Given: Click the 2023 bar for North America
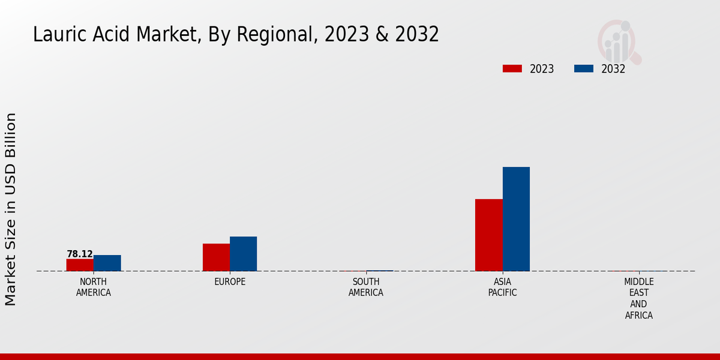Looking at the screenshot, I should click(80, 265).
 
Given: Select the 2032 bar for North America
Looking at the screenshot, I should click(107, 263).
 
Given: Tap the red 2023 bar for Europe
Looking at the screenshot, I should click(216, 257).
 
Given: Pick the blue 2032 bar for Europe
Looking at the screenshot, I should click(243, 254).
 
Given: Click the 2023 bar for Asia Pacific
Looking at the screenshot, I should click(488, 235).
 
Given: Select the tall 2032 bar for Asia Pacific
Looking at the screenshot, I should click(516, 219).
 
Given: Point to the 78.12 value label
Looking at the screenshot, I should click(80, 254).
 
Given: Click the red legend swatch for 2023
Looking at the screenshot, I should click(512, 69).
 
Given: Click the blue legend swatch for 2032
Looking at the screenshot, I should click(583, 69).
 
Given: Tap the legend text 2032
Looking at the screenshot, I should click(613, 69).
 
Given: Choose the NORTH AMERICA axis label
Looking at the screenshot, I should click(94, 287).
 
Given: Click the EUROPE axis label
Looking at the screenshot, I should click(230, 281).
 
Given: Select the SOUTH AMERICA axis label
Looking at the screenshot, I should click(366, 287).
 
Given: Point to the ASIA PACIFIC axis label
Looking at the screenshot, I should click(502, 287).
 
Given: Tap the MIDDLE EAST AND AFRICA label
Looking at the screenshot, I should click(638, 298).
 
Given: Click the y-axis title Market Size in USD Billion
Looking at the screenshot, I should click(11, 209).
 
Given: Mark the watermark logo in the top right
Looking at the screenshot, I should click(619, 41).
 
